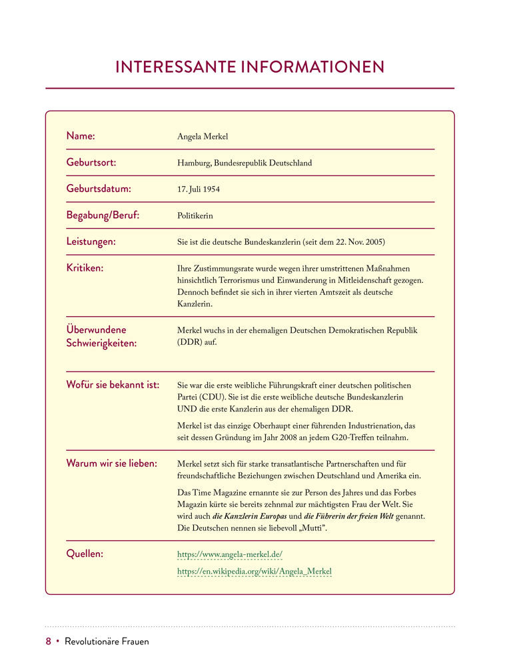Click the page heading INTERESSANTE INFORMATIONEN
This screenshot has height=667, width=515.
tap(250, 67)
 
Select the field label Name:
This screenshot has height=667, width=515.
tap(81, 136)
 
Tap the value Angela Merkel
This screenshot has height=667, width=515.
tap(203, 137)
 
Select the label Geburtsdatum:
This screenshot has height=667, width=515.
tap(99, 189)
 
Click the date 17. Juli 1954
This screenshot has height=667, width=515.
tap(199, 189)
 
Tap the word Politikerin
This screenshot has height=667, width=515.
tap(195, 216)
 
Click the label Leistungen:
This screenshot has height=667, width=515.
tap(91, 241)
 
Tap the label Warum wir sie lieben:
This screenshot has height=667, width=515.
tap(111, 464)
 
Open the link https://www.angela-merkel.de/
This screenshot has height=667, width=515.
tap(230, 554)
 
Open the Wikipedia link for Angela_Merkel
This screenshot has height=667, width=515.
tap(254, 572)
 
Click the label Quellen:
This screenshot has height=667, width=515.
tap(85, 554)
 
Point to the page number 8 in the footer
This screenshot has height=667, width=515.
tap(48, 642)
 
